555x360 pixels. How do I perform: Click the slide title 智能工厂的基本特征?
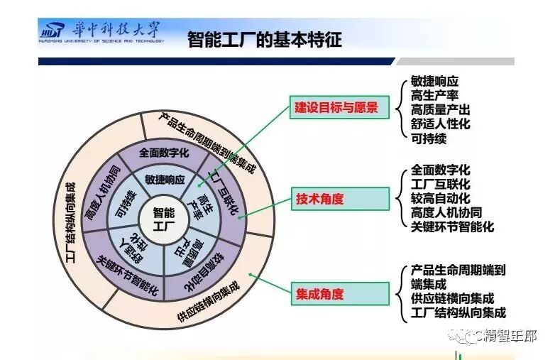point(264,38)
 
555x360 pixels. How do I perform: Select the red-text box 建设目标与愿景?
point(338,108)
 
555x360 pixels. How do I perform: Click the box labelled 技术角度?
point(338,199)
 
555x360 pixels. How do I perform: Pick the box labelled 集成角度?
point(338,293)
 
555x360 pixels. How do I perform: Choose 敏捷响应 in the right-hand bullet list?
point(434,82)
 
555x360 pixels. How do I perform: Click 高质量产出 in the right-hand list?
point(440,110)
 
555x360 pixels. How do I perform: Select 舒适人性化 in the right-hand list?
point(440,124)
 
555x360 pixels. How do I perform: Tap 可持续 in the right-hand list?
point(429,138)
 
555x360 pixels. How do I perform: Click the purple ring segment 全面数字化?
point(164,152)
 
